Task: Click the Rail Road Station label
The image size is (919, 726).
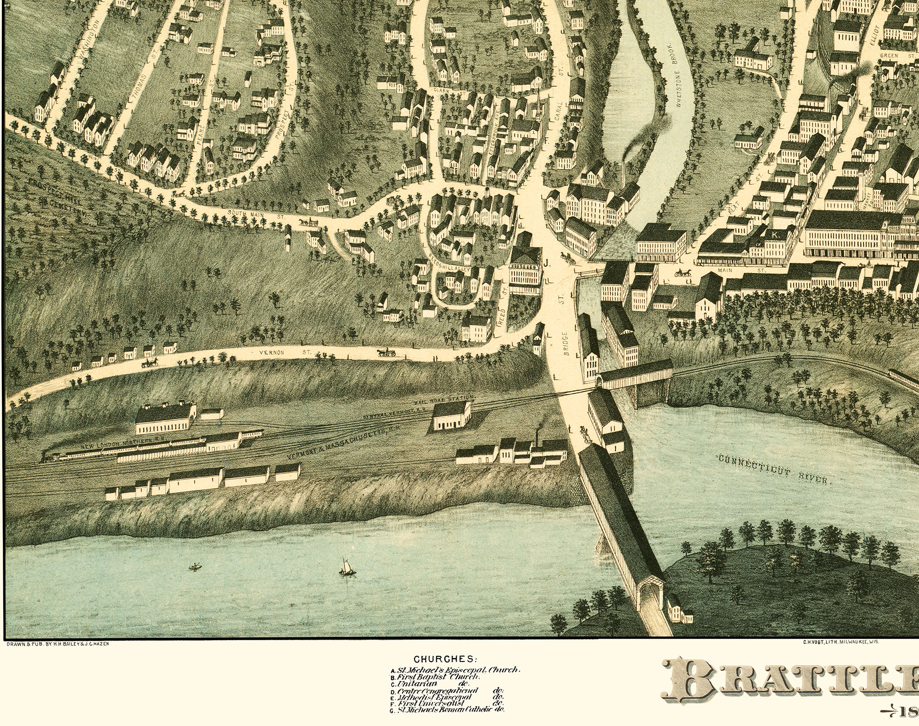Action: [x=444, y=400]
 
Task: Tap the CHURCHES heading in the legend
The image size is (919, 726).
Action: [x=444, y=659]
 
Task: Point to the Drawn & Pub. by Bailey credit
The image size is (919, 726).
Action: [x=57, y=643]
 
